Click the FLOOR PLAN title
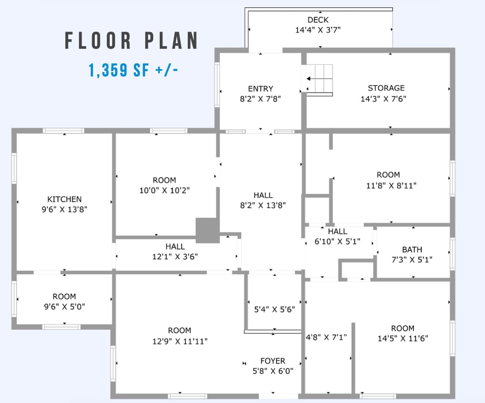point(131,40)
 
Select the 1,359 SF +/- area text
point(133,70)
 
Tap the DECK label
point(318,20)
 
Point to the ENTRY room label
point(260,89)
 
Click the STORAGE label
point(386,88)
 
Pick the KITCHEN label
point(65,199)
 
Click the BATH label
point(412,249)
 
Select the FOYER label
point(273,361)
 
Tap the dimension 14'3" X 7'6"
point(383,99)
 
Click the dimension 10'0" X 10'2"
point(164,190)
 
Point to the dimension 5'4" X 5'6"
point(274,309)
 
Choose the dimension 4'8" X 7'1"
point(326,337)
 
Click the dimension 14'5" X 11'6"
point(403,338)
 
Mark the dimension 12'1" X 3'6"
point(175,257)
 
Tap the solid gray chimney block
point(208,230)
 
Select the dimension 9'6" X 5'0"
point(65,307)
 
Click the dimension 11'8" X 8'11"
point(391,185)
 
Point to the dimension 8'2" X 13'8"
point(263,205)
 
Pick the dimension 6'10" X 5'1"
point(338,241)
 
